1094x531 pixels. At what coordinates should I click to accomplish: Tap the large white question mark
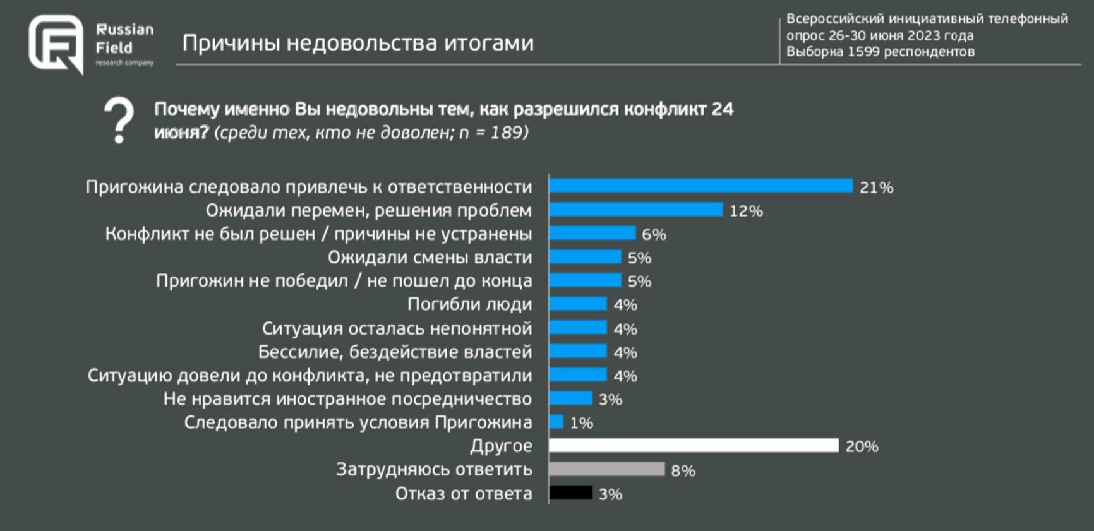(x=119, y=120)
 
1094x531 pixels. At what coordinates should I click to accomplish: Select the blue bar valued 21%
(x=700, y=186)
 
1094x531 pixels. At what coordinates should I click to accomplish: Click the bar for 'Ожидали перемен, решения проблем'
(x=635, y=210)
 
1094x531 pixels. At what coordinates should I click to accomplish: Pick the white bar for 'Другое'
(x=694, y=446)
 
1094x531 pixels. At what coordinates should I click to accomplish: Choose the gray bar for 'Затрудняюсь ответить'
(x=606, y=469)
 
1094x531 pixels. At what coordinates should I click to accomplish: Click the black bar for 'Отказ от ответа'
(x=570, y=493)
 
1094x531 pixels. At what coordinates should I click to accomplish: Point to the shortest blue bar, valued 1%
(x=556, y=422)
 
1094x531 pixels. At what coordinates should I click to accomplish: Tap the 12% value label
(x=746, y=211)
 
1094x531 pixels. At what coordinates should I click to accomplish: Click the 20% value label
(x=862, y=446)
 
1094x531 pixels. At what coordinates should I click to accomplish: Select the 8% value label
(x=683, y=470)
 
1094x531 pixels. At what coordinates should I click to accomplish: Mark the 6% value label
(x=654, y=234)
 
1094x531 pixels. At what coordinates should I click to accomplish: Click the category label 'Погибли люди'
(x=469, y=304)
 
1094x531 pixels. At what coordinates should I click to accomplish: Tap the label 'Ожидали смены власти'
(x=430, y=257)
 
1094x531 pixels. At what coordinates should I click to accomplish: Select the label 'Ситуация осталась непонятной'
(x=397, y=328)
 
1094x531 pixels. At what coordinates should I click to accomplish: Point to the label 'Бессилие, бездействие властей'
(x=395, y=352)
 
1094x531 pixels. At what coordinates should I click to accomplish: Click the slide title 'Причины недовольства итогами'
(x=358, y=43)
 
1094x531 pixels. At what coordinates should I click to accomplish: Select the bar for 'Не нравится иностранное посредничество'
(x=570, y=398)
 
